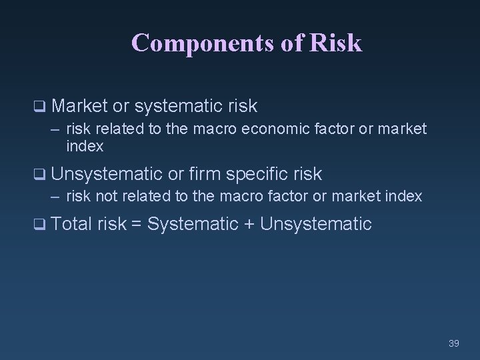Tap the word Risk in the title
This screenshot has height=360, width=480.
336,43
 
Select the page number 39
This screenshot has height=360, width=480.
454,343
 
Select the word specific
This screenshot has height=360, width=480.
257,174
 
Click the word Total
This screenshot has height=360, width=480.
71,224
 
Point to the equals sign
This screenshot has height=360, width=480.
136,225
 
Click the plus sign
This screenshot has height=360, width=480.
249,225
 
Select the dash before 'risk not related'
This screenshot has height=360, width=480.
56,197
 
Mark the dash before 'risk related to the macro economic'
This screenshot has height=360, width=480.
56,129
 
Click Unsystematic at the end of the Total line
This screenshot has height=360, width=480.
315,224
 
